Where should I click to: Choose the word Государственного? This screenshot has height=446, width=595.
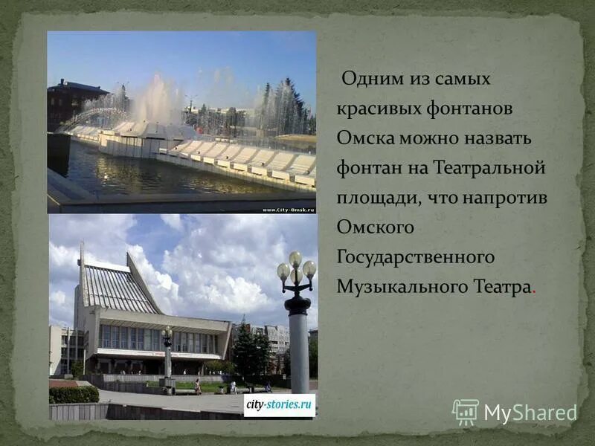click(416, 257)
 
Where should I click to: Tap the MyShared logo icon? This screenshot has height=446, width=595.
click(466, 412)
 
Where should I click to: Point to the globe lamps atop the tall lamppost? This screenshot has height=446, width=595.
click(296, 268)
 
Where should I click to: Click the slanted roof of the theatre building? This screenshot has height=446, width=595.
click(119, 286)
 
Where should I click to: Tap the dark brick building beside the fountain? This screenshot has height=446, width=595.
click(74, 100)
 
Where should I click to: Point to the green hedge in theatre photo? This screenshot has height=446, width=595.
click(74, 395)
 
